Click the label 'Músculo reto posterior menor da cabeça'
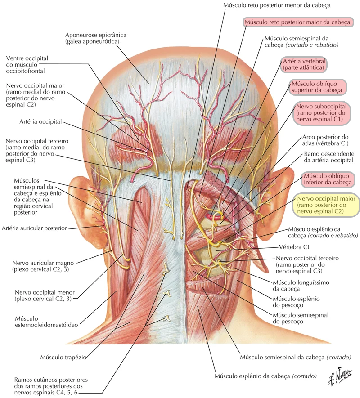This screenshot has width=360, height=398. click(276, 6)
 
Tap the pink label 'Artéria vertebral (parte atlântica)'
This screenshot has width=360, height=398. click(303, 64)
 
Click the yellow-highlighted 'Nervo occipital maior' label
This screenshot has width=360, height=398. click(326, 204)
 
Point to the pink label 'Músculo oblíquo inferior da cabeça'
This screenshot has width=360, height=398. click(327, 179)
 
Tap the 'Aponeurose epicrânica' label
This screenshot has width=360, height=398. click(96, 38)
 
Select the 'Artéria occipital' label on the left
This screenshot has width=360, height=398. click(40, 121)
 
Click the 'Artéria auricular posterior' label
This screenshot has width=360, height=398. click(34, 228)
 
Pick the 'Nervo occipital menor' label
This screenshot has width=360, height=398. click(44, 295)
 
